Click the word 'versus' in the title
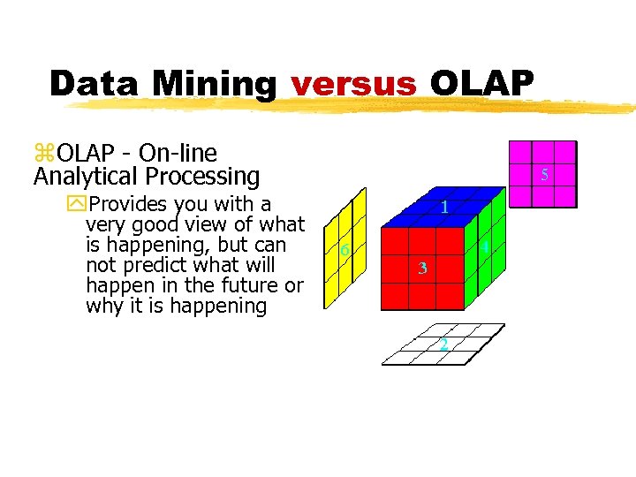coord(353,84)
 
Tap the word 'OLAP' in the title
coord(481,84)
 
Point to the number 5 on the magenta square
coord(544,175)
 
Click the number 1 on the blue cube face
coord(444,208)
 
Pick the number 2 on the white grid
coord(443,344)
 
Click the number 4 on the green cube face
coord(486,250)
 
